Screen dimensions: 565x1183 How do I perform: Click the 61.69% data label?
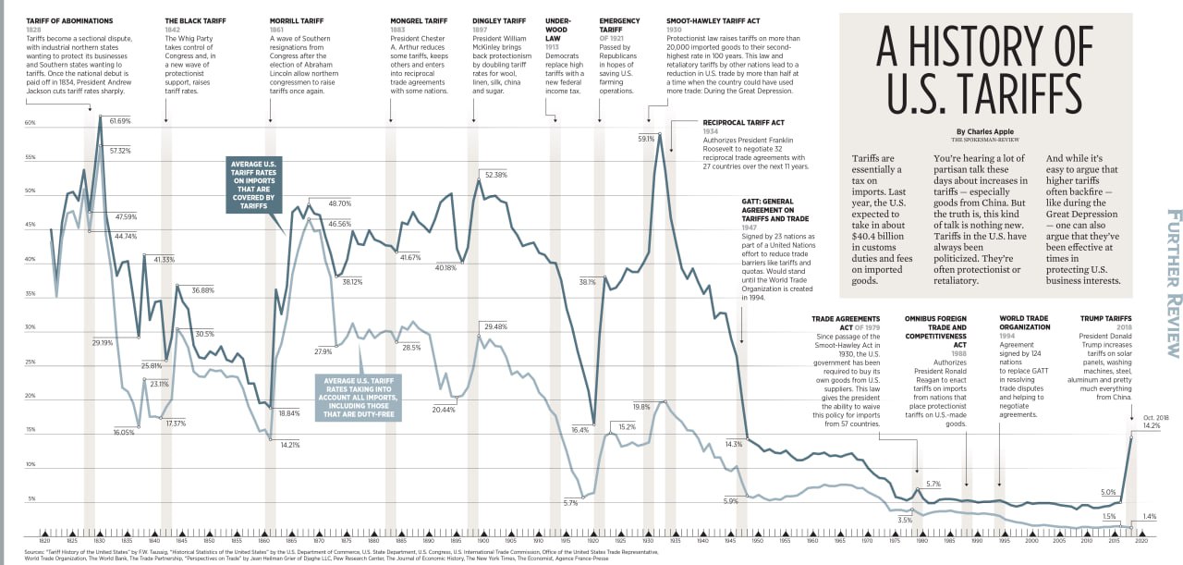120,121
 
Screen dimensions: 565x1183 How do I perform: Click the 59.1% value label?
646,139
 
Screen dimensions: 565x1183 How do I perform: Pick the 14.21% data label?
290,445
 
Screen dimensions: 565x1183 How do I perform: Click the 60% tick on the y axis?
30,122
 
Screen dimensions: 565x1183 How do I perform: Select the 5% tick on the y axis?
30,498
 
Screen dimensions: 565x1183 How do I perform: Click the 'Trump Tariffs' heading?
1105,318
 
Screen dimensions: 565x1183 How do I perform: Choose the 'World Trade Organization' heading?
1025,323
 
